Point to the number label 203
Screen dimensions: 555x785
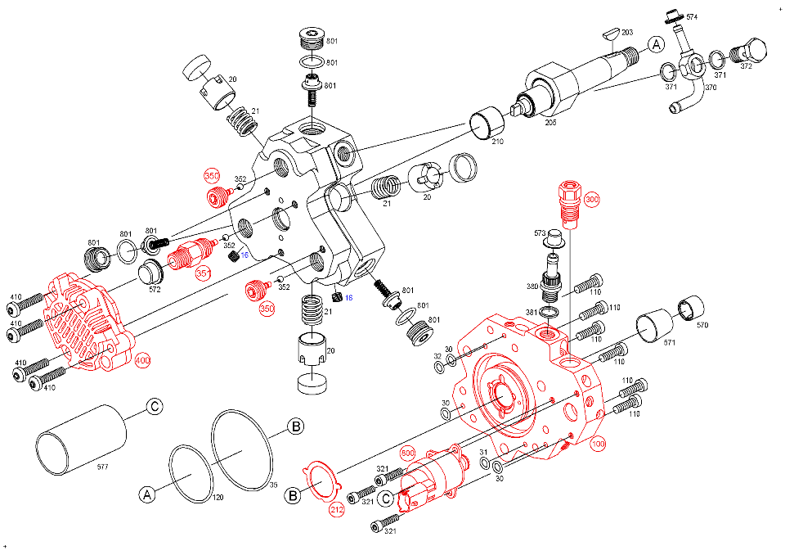pos(627,33)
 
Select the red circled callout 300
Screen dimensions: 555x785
pos(592,199)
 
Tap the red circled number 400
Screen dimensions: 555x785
pos(143,361)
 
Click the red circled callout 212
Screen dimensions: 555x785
pos(337,509)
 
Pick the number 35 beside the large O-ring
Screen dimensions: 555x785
pos(274,485)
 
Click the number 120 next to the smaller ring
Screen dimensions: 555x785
pos(218,497)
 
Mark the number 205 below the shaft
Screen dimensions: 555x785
pos(551,122)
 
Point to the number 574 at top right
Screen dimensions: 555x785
pos(692,17)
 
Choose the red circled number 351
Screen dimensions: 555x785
pos(203,273)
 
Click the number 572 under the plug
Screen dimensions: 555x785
pos(154,289)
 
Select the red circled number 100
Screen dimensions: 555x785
pos(598,444)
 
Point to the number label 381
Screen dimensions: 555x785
pos(532,312)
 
